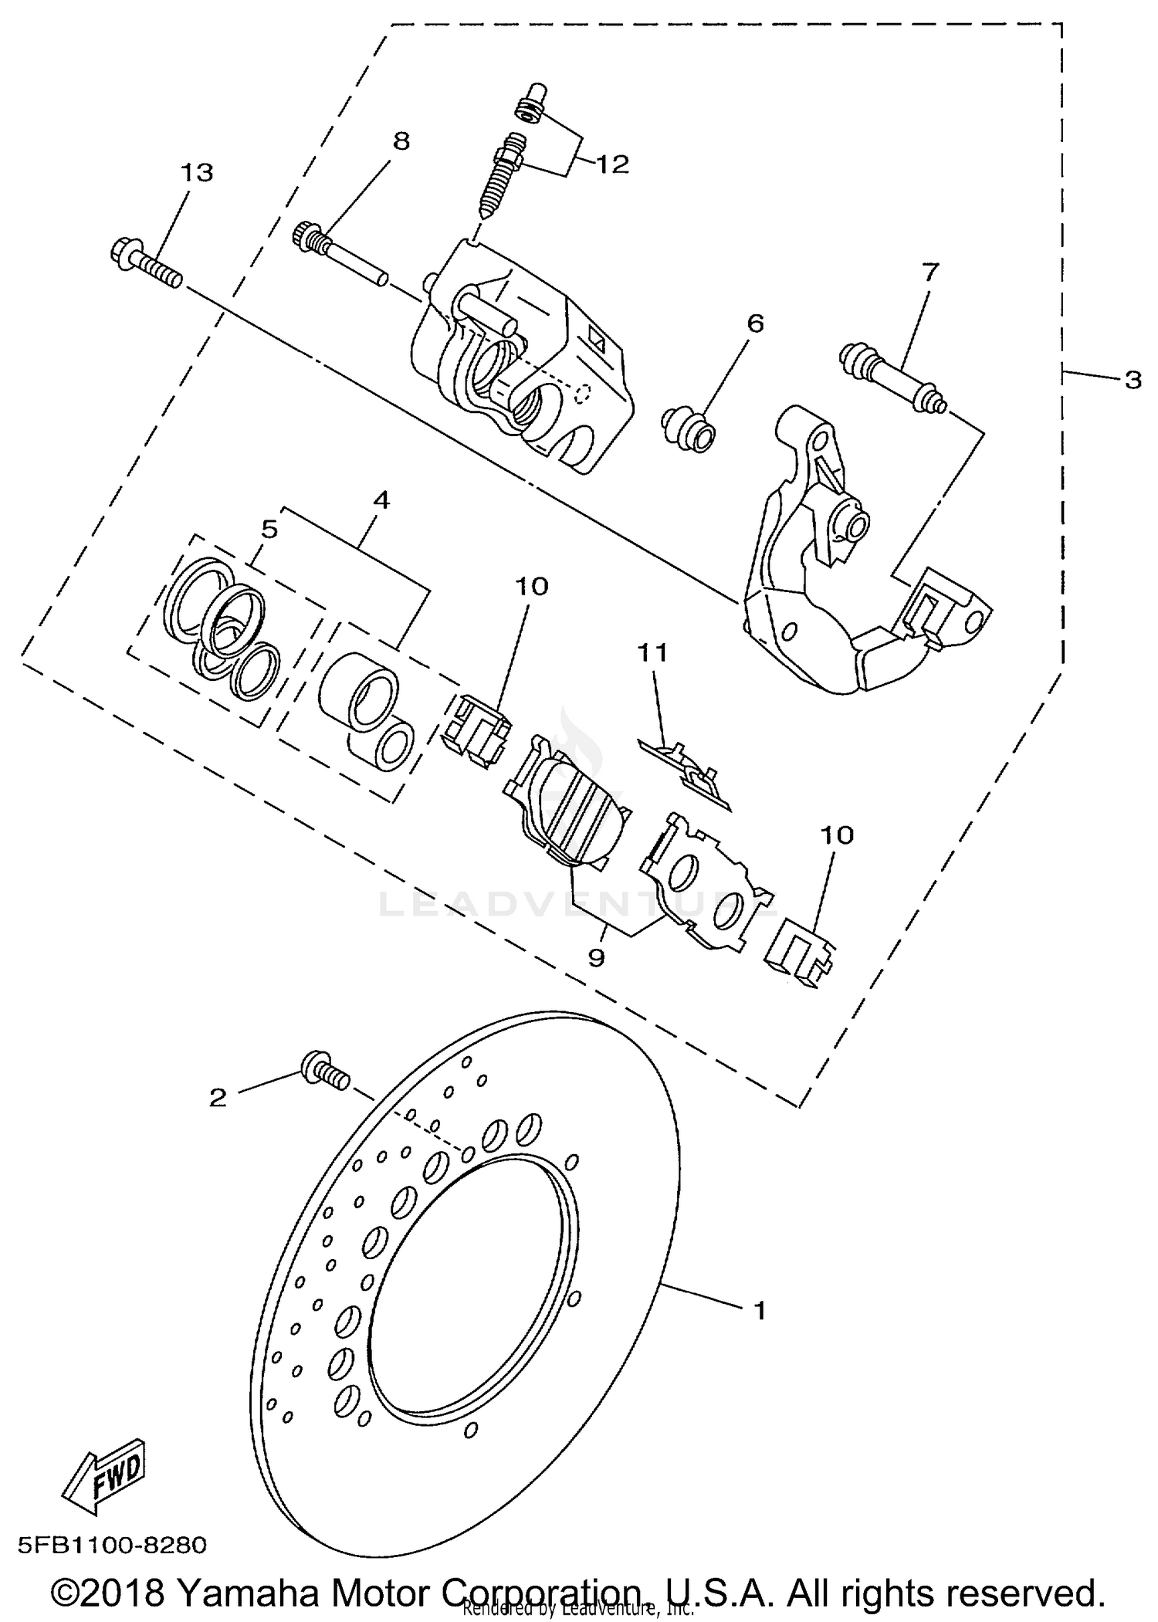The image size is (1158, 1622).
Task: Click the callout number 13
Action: (x=197, y=173)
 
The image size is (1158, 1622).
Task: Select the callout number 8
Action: (x=401, y=141)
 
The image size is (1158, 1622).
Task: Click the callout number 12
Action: (x=614, y=164)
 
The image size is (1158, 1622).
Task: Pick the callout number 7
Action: (x=930, y=272)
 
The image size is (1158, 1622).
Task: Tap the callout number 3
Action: (x=1133, y=380)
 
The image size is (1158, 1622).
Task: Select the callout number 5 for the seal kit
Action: (x=269, y=530)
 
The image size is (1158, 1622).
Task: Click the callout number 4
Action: (x=381, y=500)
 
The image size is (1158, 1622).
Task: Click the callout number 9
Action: (x=596, y=957)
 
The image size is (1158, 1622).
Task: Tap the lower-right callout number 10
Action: (x=837, y=835)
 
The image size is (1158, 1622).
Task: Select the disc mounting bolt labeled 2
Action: (x=324, y=1070)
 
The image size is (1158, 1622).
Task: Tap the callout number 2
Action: (x=218, y=1097)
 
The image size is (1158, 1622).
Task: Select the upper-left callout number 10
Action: (x=531, y=587)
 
